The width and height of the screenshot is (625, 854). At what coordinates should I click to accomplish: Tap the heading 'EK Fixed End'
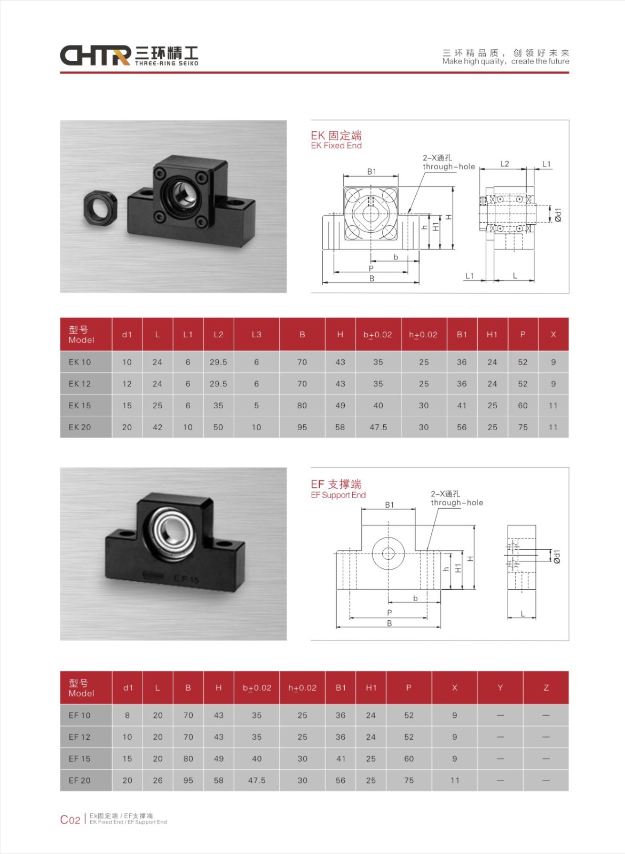click(x=336, y=146)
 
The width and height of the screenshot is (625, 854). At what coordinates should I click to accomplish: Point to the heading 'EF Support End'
click(x=338, y=495)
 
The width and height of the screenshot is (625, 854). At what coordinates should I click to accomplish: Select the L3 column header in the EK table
click(x=257, y=335)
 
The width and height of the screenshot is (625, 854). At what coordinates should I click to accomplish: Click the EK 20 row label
click(x=80, y=427)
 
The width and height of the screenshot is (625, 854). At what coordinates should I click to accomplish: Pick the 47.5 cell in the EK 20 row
click(x=378, y=427)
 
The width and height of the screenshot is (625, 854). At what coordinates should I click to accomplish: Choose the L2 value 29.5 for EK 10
click(x=218, y=362)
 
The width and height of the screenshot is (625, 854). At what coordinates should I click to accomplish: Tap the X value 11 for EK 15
click(x=553, y=406)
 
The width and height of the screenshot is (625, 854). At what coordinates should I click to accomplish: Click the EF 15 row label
click(x=80, y=758)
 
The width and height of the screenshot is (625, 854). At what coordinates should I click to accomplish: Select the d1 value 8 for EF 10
click(x=127, y=715)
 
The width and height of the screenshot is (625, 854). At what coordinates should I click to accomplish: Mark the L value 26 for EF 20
click(x=158, y=780)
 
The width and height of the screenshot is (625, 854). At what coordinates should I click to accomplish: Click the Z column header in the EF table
click(x=546, y=688)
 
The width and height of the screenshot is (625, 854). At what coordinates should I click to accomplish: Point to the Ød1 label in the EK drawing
click(x=558, y=215)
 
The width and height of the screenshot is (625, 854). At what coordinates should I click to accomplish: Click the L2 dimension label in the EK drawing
click(x=504, y=164)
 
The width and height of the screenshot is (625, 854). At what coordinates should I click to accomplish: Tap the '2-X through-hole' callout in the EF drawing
click(x=457, y=499)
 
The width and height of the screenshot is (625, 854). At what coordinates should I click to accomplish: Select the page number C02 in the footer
click(x=70, y=820)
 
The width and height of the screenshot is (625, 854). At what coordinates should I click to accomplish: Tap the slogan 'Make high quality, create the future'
click(x=505, y=61)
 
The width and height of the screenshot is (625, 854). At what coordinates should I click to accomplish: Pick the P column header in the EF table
click(x=409, y=688)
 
